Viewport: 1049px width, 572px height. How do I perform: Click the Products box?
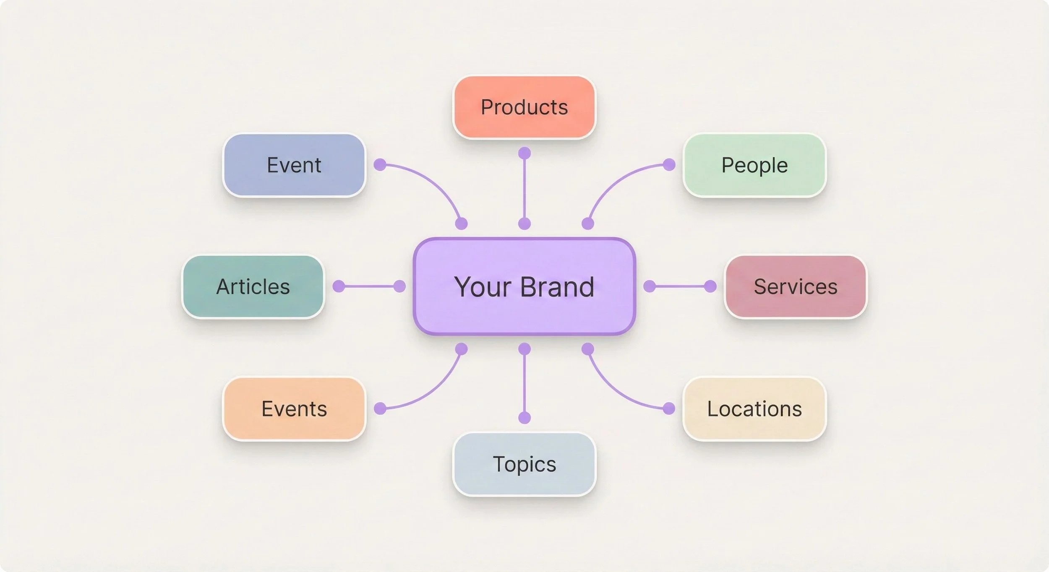point(524,107)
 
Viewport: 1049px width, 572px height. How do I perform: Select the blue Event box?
point(294,165)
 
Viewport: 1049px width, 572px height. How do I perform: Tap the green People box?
point(754,165)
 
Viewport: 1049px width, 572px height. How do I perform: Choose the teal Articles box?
point(253,287)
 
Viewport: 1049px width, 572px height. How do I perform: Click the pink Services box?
point(796,287)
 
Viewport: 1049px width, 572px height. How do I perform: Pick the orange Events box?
point(294,409)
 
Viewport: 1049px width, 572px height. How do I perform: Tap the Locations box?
point(754,409)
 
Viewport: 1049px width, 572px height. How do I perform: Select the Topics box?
point(524,464)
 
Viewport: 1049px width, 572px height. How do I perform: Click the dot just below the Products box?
point(524,153)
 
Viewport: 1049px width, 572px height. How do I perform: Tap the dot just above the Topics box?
point(524,418)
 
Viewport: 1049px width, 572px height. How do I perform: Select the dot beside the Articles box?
point(339,286)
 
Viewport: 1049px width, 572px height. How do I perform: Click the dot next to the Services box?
point(710,286)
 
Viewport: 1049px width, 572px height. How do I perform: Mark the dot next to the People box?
point(669,165)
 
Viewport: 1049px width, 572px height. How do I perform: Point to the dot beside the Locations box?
point(669,408)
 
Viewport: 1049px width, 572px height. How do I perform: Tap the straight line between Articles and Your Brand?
point(369,286)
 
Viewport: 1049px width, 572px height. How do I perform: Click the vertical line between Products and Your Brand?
point(524,189)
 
